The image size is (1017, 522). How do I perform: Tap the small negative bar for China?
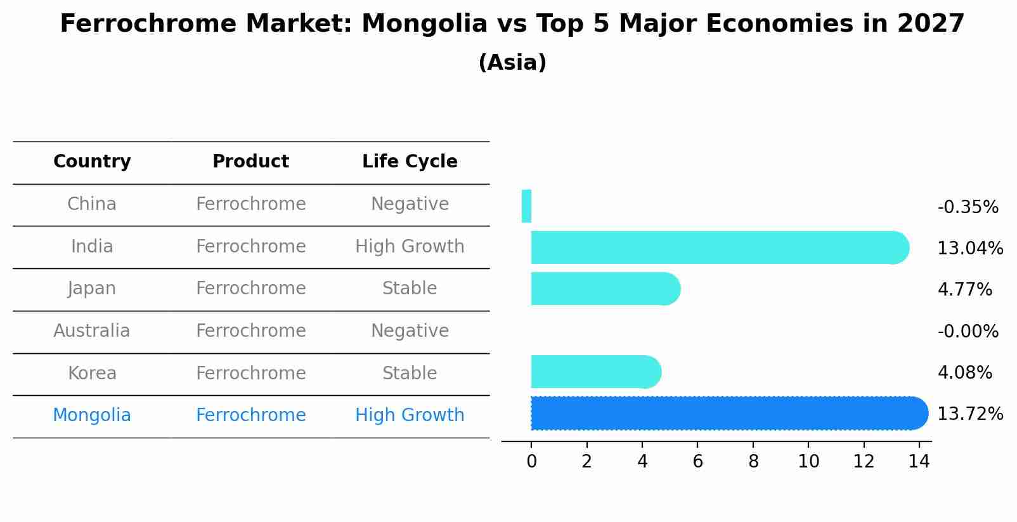[526, 206]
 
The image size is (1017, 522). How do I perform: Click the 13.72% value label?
[970, 414]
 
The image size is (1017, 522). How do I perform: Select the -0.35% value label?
[968, 207]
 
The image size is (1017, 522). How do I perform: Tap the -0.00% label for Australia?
[968, 331]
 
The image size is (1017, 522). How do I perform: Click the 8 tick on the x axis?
[753, 462]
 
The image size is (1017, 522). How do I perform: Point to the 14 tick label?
[919, 462]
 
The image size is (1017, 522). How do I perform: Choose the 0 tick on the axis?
[531, 462]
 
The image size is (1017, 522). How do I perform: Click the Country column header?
[92, 162]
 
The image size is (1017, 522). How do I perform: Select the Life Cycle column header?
[410, 162]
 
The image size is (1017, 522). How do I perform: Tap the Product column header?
[250, 162]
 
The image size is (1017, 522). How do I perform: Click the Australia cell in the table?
[92, 331]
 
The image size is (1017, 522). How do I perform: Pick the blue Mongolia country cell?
[92, 415]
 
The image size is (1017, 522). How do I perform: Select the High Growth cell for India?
[410, 247]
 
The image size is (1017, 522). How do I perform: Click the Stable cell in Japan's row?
[410, 289]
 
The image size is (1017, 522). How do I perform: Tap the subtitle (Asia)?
[512, 63]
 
